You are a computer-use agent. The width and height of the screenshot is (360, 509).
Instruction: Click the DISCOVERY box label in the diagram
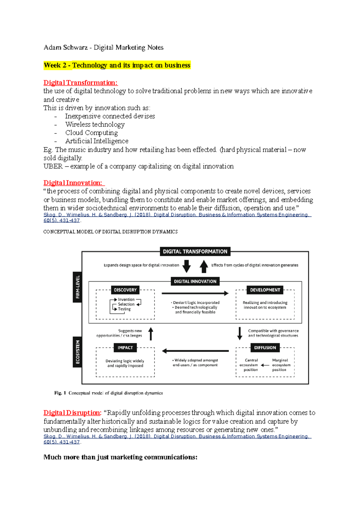tap(125, 290)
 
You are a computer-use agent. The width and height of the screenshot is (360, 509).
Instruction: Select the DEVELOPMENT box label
tap(265, 290)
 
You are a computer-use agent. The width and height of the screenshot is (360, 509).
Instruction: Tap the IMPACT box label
tap(125, 348)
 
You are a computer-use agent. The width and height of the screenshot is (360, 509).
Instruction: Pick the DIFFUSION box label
tap(265, 348)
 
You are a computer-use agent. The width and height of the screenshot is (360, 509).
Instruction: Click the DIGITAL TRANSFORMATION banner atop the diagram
tap(195, 252)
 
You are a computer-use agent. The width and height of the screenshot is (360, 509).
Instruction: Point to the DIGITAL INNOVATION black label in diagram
tap(195, 281)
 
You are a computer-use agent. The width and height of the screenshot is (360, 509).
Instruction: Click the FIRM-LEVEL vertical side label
tap(77, 287)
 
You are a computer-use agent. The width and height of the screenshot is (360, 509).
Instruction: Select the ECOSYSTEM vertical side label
tap(77, 352)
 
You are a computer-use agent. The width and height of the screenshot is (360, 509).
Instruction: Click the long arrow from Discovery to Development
tap(195, 293)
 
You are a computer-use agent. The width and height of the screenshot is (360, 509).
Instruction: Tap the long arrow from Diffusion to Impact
tap(195, 351)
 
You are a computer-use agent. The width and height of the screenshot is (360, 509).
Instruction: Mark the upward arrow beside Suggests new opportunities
tap(151, 334)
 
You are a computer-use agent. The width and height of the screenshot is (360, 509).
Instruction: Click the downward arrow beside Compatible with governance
tap(239, 333)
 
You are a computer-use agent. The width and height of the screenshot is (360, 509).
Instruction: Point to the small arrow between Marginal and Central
tap(265, 365)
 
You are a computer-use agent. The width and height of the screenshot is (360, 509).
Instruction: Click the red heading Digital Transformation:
tap(80, 83)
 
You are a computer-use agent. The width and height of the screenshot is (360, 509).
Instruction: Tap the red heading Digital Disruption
tap(72, 413)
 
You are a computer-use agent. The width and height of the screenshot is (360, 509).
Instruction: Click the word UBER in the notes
tap(53, 166)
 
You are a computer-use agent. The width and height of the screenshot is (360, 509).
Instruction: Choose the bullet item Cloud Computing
tap(91, 133)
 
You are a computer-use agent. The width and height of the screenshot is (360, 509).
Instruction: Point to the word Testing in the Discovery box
tap(124, 309)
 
